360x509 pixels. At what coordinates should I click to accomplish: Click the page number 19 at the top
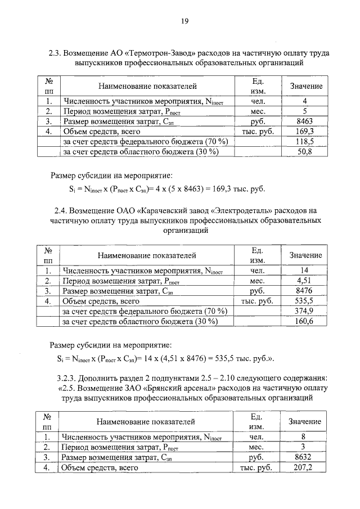click(184, 21)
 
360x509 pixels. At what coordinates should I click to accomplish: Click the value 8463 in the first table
click(304, 121)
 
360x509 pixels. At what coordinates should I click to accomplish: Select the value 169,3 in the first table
click(304, 132)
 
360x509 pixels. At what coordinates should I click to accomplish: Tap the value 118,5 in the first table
click(304, 142)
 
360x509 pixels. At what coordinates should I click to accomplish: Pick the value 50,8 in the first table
click(304, 152)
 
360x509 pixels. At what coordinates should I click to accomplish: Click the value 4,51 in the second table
click(304, 281)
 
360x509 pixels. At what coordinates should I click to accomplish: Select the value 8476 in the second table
click(304, 291)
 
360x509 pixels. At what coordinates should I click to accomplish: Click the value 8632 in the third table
click(303, 457)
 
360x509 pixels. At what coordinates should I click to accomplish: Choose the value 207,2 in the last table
click(303, 467)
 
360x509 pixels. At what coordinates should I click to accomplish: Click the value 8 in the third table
click(303, 436)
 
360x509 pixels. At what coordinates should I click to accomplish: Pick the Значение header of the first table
click(305, 86)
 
